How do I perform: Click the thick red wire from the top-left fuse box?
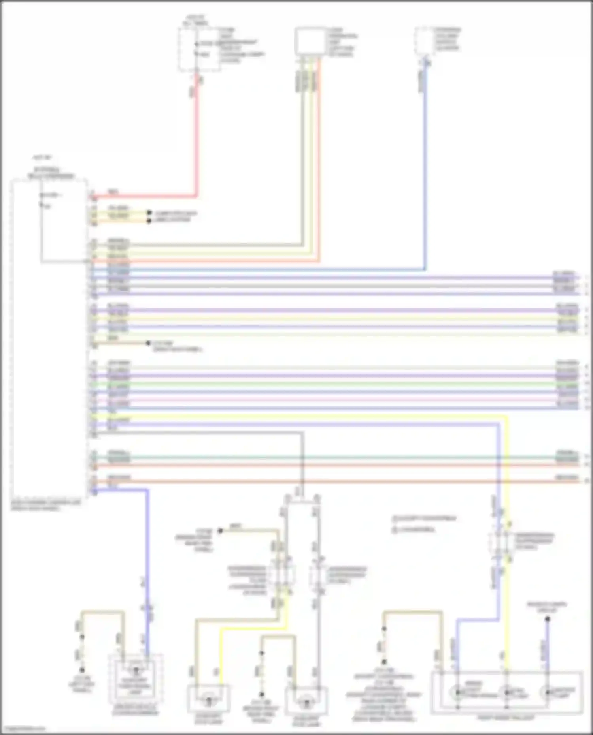click(x=195, y=138)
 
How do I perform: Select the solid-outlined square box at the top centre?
click(x=310, y=40)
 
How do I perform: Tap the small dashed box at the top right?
click(x=423, y=41)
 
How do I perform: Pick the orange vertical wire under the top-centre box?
click(x=319, y=166)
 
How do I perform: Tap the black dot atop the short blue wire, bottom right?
click(x=548, y=619)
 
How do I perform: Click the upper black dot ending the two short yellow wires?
click(x=149, y=212)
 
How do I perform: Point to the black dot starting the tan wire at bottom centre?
click(x=221, y=531)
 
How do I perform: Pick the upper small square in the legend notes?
click(x=394, y=518)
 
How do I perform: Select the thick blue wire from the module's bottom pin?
click(x=147, y=553)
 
